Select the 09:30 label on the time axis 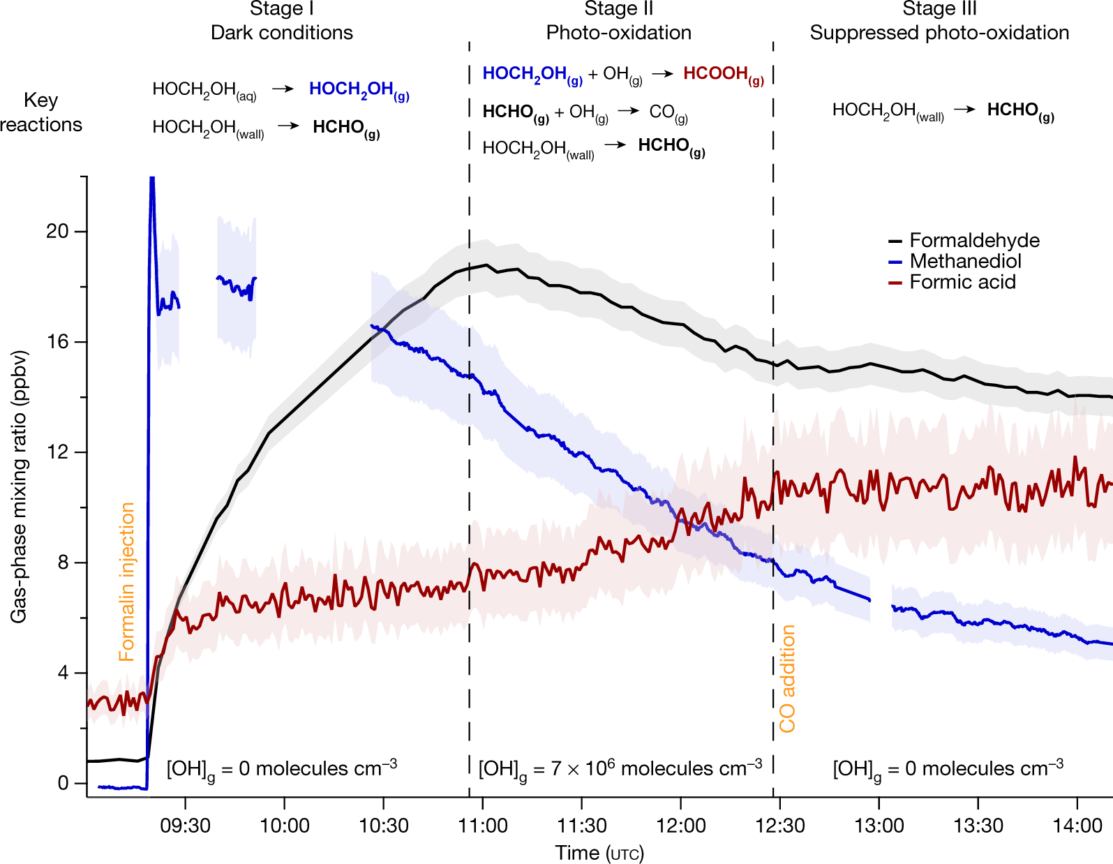pos(186,826)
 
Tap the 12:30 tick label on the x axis pos(780,826)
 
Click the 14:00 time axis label pos(1077,826)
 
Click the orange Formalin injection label pos(127,581)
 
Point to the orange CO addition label pos(788,678)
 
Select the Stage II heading pos(618,9)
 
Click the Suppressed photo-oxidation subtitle pos(939,33)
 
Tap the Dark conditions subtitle pos(282,33)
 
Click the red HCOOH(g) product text pos(723,75)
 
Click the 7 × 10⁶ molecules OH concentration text pos(620,769)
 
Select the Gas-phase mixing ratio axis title pos(19,486)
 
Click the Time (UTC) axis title pos(599,853)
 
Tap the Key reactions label pos(40,112)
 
